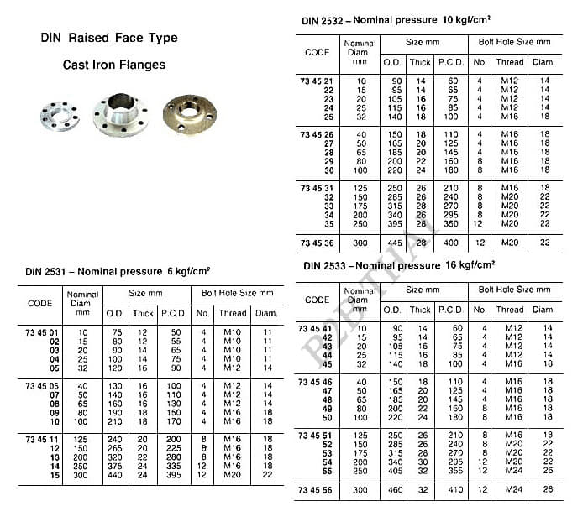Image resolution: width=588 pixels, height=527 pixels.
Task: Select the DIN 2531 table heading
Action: (x=117, y=270)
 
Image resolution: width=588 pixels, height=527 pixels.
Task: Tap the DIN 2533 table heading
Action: (x=397, y=265)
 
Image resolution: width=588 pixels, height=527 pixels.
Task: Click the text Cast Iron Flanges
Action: (x=114, y=64)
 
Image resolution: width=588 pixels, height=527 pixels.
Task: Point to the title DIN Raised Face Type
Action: (x=109, y=38)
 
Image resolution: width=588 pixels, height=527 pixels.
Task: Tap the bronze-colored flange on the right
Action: (x=189, y=114)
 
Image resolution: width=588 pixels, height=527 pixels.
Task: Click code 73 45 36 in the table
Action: (x=318, y=243)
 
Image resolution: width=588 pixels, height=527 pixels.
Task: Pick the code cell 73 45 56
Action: (x=318, y=488)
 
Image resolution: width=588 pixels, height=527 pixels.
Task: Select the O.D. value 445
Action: (x=391, y=243)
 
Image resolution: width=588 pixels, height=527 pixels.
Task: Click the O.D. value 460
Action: (x=391, y=488)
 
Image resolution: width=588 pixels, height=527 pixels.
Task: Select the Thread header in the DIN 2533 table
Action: (x=509, y=309)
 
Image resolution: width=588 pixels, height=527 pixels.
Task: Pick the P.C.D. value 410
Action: (x=454, y=488)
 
